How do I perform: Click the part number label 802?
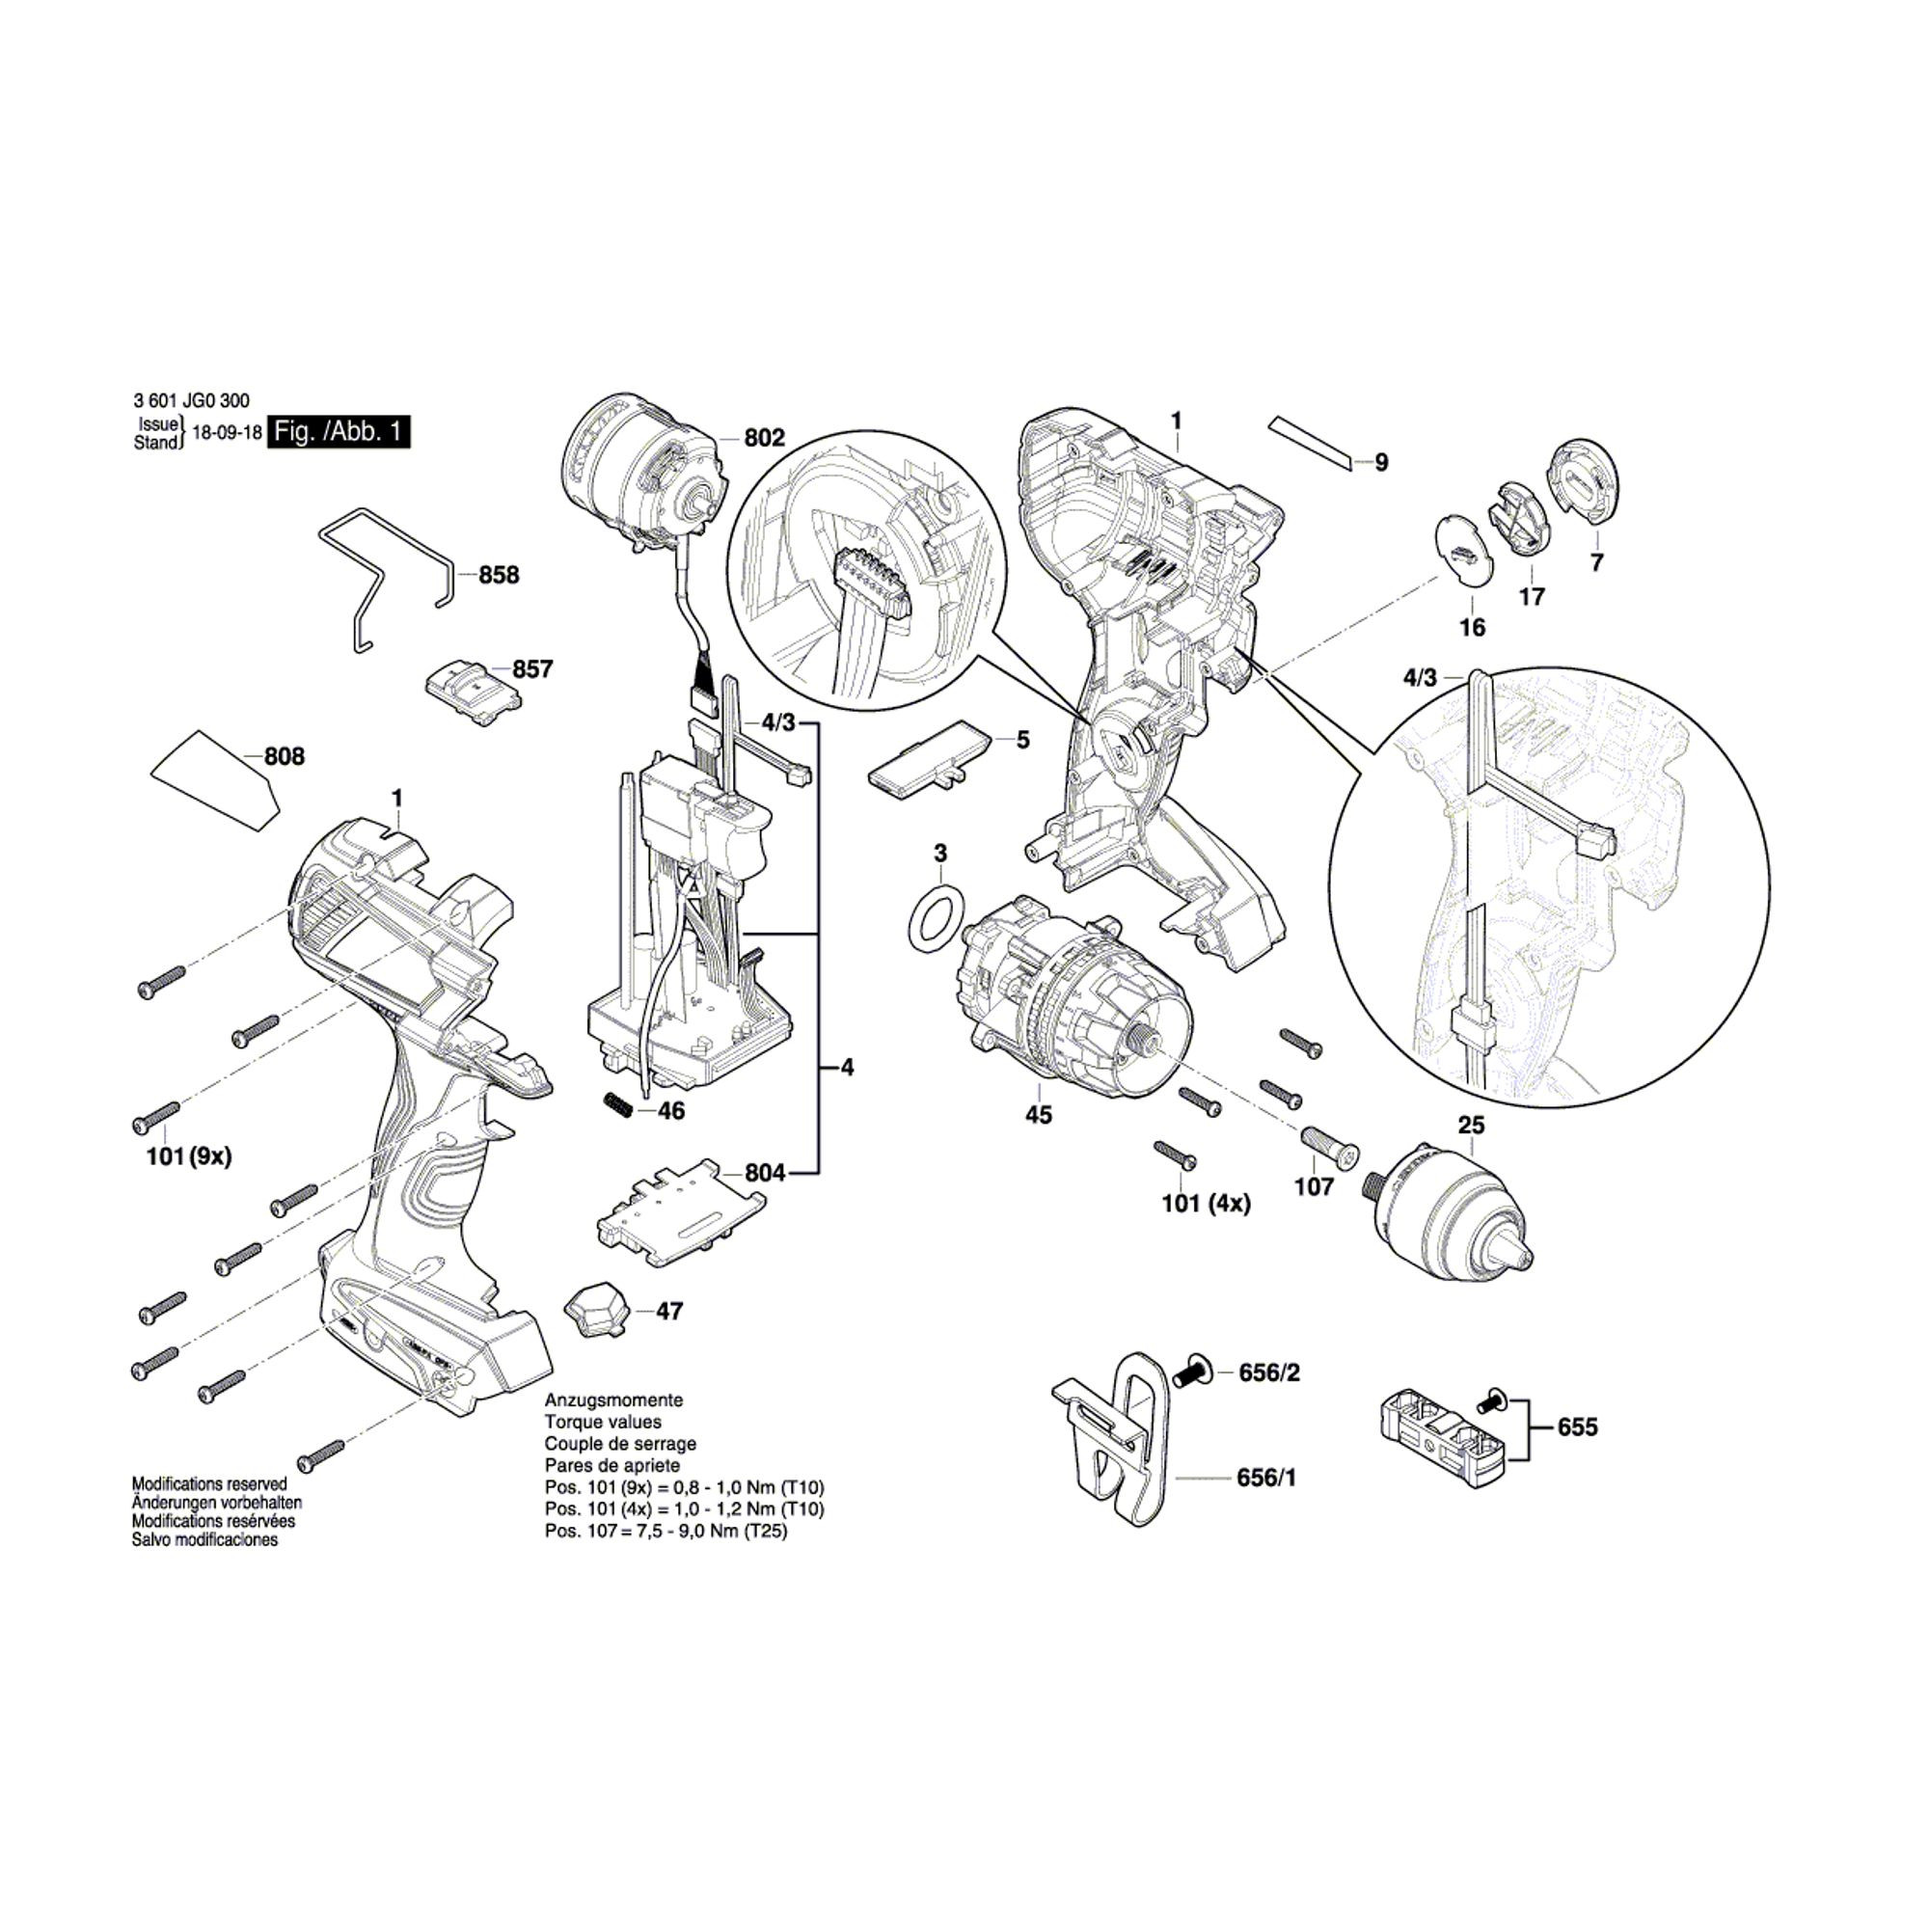click(x=765, y=437)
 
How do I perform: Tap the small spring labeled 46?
click(x=618, y=1106)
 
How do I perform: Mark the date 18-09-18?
click(x=227, y=433)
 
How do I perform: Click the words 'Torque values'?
click(x=602, y=1422)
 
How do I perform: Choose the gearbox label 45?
click(x=1039, y=1114)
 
